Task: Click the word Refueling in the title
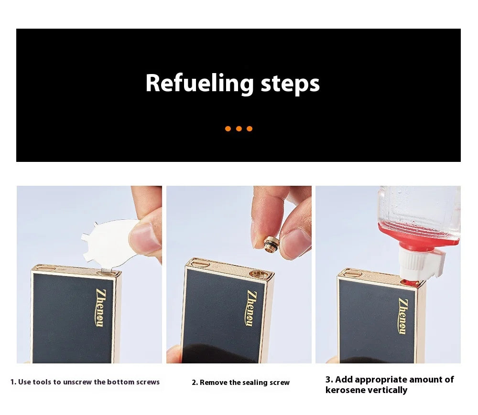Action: point(199,83)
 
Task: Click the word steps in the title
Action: point(290,84)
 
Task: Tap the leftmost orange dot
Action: point(228,129)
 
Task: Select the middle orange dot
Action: point(239,129)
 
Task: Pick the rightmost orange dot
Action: point(250,129)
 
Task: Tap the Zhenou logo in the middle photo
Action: point(251,308)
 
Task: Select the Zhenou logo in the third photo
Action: point(403,316)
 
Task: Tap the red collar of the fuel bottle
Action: point(418,238)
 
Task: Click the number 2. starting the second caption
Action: point(195,383)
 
